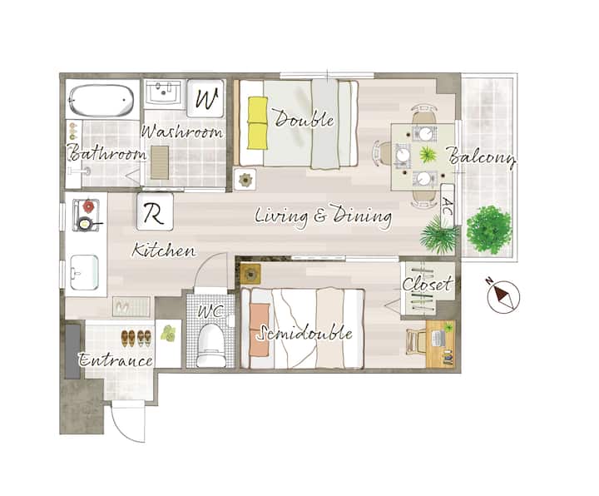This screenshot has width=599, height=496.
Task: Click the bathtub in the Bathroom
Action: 101,100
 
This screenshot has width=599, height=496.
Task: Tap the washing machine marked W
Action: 205,98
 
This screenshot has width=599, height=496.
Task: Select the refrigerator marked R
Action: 155,211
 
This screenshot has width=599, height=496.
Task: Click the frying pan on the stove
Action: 86,223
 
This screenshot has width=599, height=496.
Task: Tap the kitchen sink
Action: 84,272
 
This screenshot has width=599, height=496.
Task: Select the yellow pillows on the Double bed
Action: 257,122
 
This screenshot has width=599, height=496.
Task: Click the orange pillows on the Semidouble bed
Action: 260,329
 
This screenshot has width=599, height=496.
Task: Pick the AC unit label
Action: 448,206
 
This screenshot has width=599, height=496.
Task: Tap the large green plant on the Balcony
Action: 489,230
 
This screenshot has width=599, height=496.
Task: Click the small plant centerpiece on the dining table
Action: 428,155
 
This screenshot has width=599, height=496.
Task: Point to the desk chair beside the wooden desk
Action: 415,342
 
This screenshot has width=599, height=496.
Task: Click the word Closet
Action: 428,285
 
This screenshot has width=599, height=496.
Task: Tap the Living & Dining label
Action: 323,216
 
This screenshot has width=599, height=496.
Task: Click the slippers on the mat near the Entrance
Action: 123,306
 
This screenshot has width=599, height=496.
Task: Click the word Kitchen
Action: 164,250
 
